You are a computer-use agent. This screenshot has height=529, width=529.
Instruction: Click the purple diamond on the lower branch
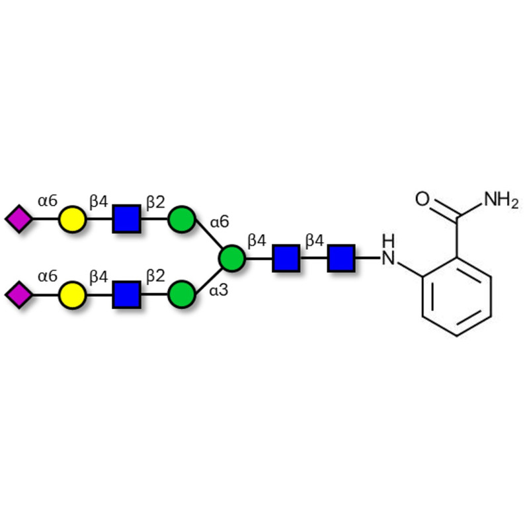[x=19, y=294]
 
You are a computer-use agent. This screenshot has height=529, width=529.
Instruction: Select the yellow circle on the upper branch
[x=72, y=220]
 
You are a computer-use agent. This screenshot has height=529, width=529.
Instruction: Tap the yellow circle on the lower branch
[x=72, y=294]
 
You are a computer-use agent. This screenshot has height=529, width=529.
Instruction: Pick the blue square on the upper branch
[x=126, y=220]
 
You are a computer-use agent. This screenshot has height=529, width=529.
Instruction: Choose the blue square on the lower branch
[x=126, y=294]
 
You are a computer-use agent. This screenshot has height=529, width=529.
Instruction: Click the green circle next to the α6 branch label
[x=181, y=220]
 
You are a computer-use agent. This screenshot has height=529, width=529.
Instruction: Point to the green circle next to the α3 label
[x=181, y=294]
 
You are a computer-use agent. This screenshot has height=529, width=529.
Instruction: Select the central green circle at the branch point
[x=231, y=258]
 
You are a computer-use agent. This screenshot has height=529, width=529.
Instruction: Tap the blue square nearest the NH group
[x=341, y=258]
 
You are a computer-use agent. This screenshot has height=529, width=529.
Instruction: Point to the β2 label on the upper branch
[x=155, y=201]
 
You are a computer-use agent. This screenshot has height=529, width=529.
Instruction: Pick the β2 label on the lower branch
[x=155, y=276]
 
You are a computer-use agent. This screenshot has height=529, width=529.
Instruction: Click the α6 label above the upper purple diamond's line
[x=47, y=201]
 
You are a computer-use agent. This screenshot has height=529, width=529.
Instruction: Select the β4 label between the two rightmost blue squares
[x=314, y=240]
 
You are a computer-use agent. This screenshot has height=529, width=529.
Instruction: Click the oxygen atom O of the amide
[x=424, y=198]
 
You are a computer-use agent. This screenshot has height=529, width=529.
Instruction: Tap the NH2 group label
[x=501, y=198]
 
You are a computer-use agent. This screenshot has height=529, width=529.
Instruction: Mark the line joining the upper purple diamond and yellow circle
[x=45, y=220]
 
